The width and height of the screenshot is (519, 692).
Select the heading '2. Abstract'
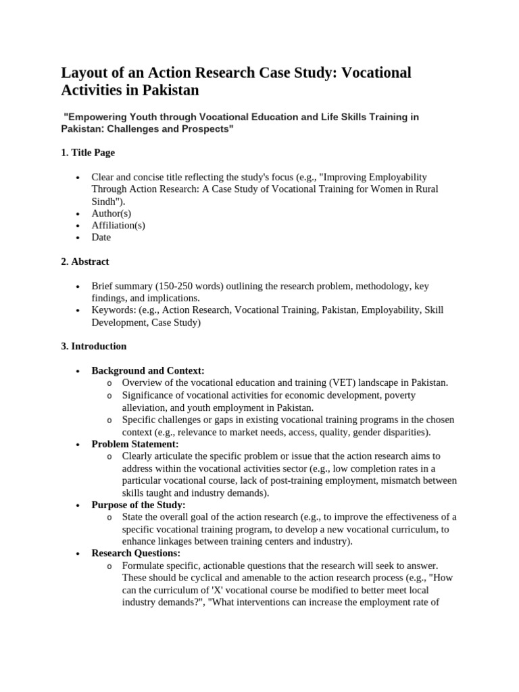(84, 262)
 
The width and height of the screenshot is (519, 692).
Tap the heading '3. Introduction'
(93, 346)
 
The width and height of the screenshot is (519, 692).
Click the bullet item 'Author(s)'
(112, 213)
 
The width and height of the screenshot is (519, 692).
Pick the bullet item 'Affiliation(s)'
(118, 225)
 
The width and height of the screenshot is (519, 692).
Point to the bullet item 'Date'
(101, 237)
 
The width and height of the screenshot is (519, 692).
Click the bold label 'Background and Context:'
(148, 370)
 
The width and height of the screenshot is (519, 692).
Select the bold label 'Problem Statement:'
(135, 444)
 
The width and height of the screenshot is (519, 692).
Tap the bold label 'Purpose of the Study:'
(139, 505)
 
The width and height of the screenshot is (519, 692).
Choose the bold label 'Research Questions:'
(136, 553)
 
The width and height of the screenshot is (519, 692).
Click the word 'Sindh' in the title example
(105, 201)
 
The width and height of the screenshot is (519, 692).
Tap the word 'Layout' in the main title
(86, 73)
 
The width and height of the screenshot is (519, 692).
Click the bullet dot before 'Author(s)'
(78, 214)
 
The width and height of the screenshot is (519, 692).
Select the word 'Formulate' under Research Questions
(144, 566)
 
